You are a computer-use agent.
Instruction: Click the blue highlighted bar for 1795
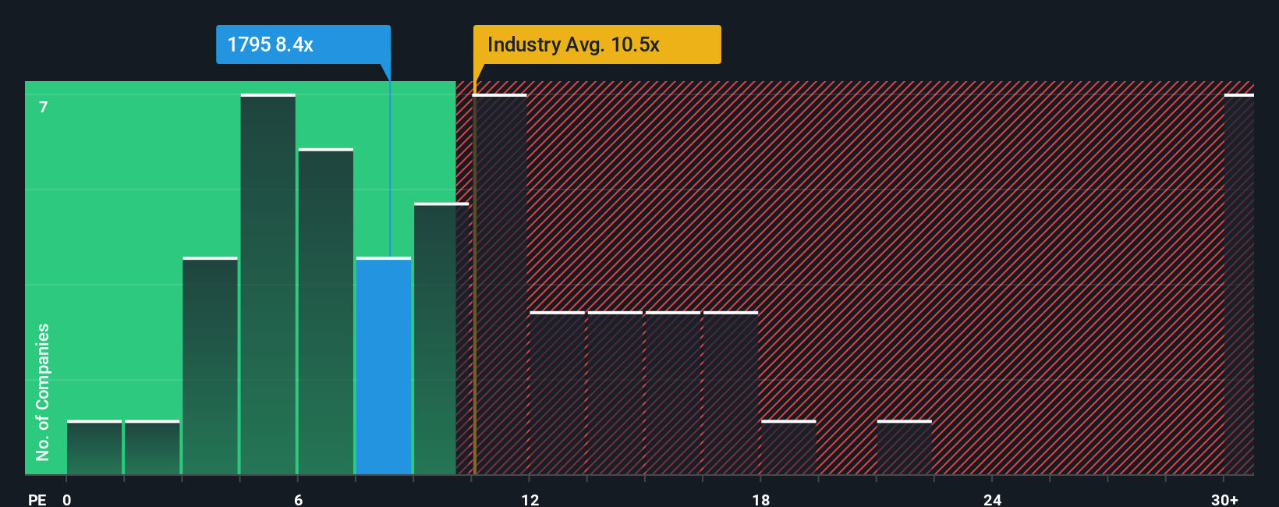click(384, 367)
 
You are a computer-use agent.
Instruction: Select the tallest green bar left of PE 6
click(267, 285)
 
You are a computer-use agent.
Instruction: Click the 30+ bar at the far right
click(1238, 285)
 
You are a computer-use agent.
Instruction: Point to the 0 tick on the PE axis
click(67, 499)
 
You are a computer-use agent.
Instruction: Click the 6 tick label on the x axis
click(298, 499)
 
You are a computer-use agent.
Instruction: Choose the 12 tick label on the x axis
click(530, 499)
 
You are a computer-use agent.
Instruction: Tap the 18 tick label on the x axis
click(761, 499)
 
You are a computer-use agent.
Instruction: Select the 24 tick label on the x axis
click(992, 499)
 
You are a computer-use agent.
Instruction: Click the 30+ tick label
click(1224, 499)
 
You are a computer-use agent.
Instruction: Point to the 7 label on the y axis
click(44, 107)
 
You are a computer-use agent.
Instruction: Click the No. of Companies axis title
click(43, 392)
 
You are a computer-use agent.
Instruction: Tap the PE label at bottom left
click(37, 499)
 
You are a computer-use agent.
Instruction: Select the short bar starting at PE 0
click(94, 448)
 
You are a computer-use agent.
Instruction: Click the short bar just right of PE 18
click(788, 448)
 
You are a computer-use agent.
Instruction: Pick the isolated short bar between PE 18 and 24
click(904, 448)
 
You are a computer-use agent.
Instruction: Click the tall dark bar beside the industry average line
click(501, 285)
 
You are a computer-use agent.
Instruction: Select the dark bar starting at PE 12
click(557, 393)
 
